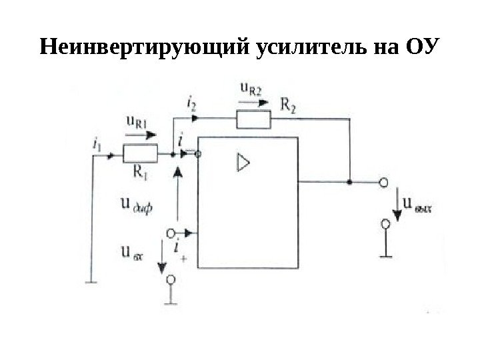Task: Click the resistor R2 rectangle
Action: click(x=254, y=119)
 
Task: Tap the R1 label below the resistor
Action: click(x=141, y=171)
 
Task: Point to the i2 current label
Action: click(x=192, y=103)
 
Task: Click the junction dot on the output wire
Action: click(x=349, y=181)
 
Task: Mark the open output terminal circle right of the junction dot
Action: click(x=384, y=181)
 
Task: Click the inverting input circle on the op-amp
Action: click(x=198, y=153)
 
